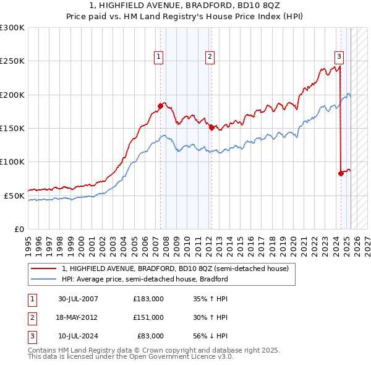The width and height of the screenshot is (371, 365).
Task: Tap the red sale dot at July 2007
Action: pyautogui.click(x=160, y=106)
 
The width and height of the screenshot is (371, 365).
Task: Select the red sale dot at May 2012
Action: pyautogui.click(x=211, y=127)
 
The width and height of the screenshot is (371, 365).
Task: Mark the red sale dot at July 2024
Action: pyautogui.click(x=341, y=173)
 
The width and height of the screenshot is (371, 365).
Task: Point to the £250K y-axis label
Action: pyautogui.click(x=12, y=61)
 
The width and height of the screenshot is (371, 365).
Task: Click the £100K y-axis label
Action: pyautogui.click(x=12, y=161)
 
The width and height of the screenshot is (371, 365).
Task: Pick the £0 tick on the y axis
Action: pyautogui.click(x=19, y=229)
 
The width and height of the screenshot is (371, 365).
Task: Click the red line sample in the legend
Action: pyautogui.click(x=43, y=268)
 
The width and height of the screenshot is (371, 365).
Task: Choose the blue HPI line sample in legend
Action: pyautogui.click(x=43, y=279)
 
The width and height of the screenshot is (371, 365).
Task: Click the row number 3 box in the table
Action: pyautogui.click(x=32, y=336)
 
